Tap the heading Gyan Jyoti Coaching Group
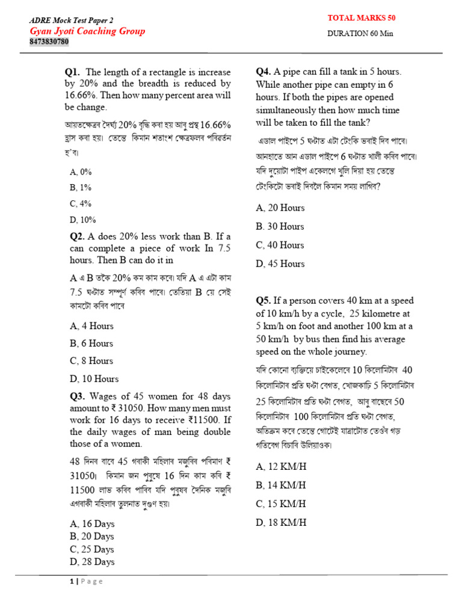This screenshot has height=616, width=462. click(x=87, y=31)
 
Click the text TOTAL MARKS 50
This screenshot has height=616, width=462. click(x=361, y=19)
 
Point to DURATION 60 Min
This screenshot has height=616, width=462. click(x=360, y=33)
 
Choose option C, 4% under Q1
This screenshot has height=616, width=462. click(x=81, y=203)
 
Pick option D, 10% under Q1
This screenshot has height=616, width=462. click(x=83, y=220)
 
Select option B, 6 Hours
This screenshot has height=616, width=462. click(x=91, y=343)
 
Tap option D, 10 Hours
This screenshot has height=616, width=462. click(x=94, y=379)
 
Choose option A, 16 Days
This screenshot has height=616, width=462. click(x=92, y=523)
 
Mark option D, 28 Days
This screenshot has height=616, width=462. click(x=92, y=562)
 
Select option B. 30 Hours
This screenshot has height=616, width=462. click(x=280, y=226)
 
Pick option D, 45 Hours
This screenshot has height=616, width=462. click(x=280, y=263)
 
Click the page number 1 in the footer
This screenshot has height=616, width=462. click(x=71, y=581)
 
